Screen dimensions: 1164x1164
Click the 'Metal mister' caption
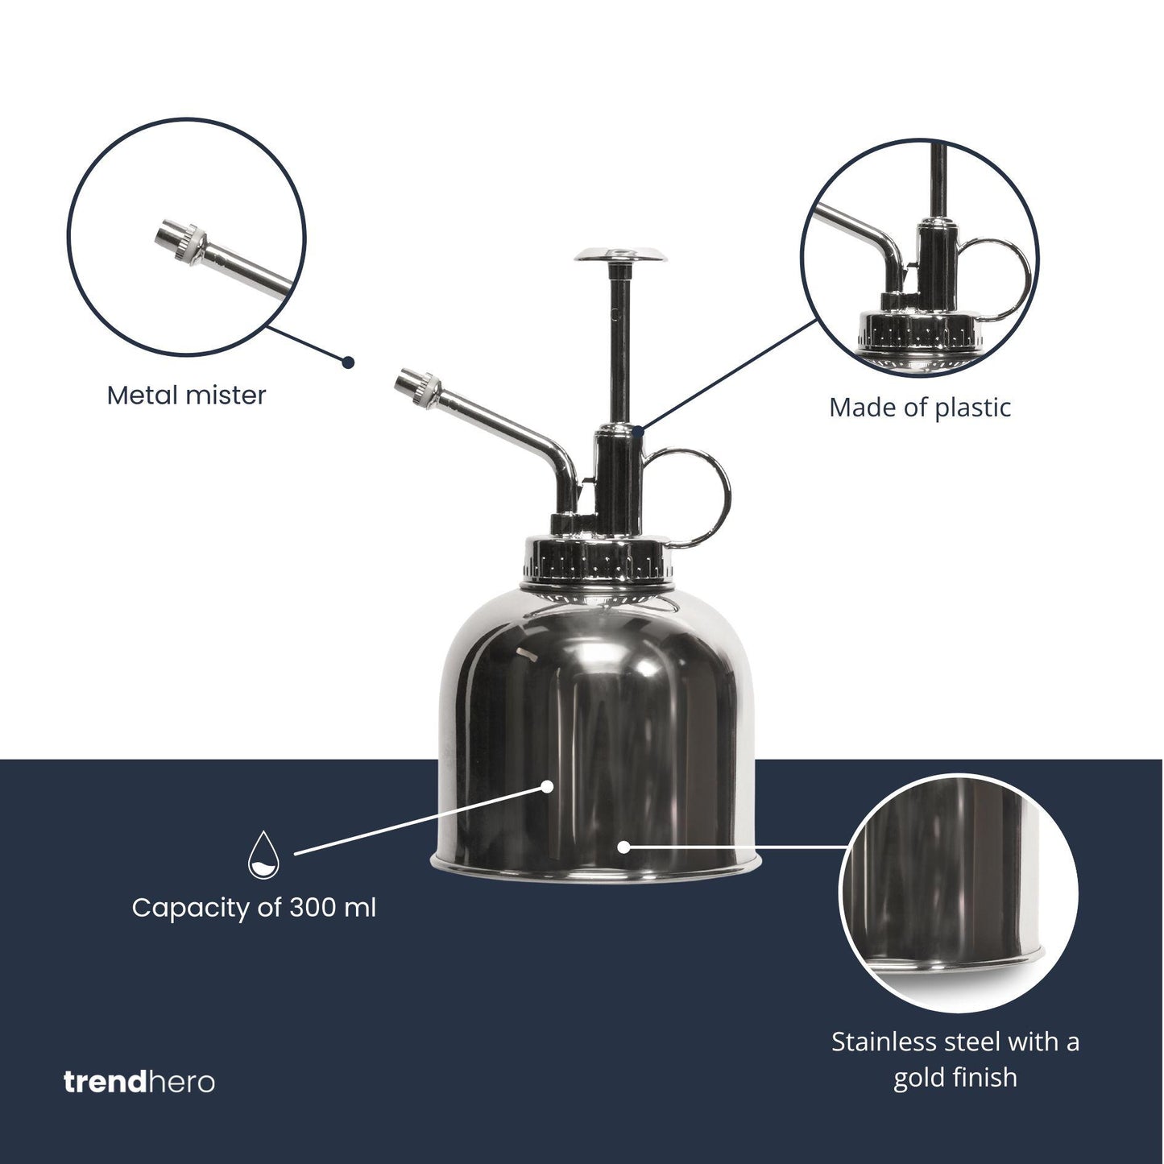[x=186, y=396]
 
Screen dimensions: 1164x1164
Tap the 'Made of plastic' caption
[x=919, y=408]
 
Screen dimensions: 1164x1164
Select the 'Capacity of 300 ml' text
[x=254, y=908]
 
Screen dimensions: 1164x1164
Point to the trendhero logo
[x=139, y=1081]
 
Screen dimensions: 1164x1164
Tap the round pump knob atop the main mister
[x=621, y=256]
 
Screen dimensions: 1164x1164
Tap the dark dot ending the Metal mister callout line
[x=348, y=362]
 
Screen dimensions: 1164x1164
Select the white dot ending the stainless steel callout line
[x=623, y=847]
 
